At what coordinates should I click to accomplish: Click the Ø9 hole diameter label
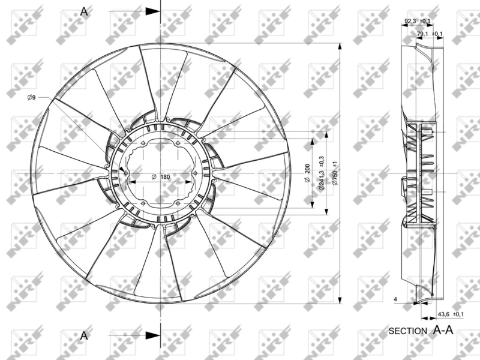31,97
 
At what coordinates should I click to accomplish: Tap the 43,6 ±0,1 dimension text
451,314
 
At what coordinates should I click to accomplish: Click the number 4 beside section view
396,298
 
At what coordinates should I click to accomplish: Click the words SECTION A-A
421,331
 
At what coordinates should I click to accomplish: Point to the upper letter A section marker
84,12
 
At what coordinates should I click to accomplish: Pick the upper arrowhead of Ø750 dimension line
340,47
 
